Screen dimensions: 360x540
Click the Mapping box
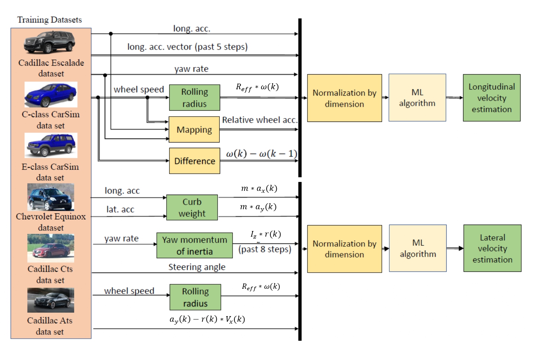click(194, 129)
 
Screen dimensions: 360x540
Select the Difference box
click(194, 161)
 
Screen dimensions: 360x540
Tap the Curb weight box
click(192, 207)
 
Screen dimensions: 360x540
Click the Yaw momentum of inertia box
click(195, 245)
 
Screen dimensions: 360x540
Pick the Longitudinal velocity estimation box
click(492, 98)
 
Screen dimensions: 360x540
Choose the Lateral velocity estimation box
click(492, 248)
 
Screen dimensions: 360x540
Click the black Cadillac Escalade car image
click(49, 42)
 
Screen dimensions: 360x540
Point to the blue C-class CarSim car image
click(51, 94)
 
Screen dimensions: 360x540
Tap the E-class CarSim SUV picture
click(51, 145)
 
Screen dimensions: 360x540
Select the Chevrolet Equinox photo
click(51, 197)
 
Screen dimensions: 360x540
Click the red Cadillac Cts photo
click(51, 248)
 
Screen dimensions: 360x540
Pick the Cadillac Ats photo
click(51, 300)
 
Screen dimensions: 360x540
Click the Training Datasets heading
click(49, 20)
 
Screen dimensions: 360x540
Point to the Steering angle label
click(197, 267)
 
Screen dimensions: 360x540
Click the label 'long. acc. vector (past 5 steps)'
click(187, 47)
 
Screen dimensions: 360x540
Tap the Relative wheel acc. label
click(259, 120)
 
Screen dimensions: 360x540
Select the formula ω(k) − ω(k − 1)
click(261, 154)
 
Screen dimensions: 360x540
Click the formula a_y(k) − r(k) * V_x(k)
click(207, 319)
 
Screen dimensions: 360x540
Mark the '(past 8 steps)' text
click(265, 249)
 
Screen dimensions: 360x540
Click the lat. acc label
click(120, 209)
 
